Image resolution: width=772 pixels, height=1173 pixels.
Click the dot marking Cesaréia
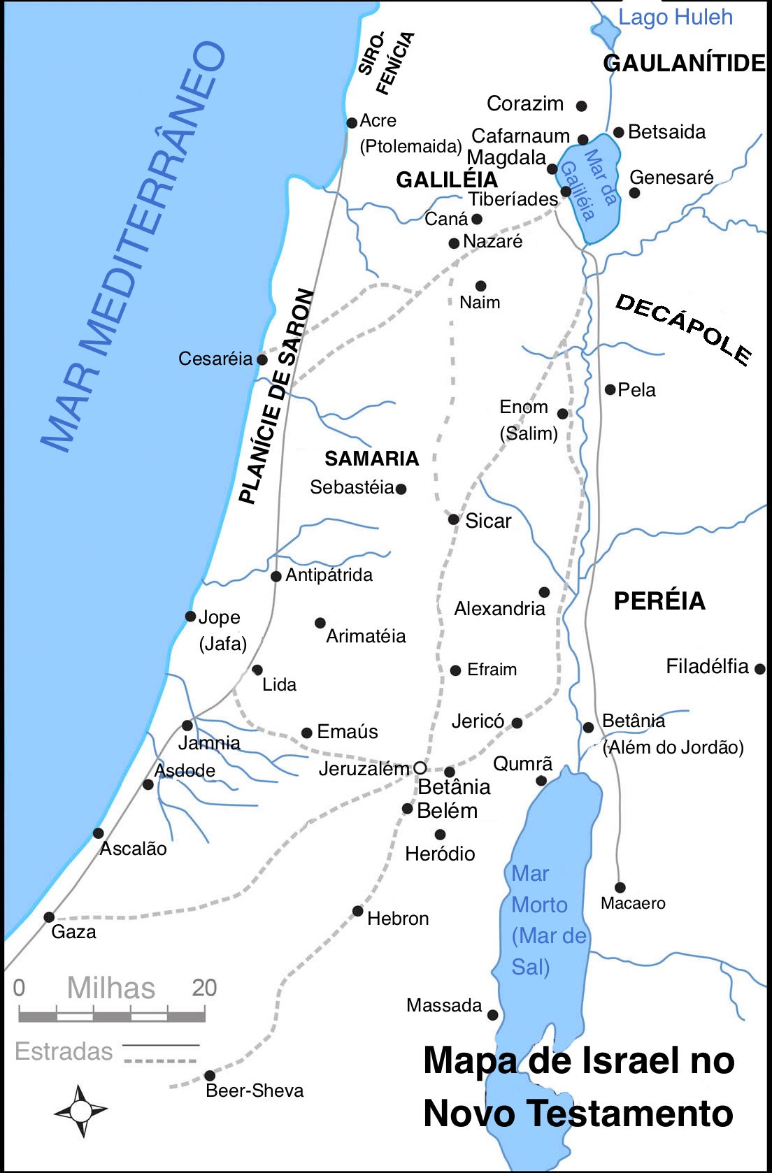[262, 359]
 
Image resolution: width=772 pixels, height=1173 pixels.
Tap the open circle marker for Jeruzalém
[420, 768]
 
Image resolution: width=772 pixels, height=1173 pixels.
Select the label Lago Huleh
[675, 17]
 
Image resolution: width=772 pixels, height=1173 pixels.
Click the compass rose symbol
[80, 1110]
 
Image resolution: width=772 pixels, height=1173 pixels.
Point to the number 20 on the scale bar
[204, 988]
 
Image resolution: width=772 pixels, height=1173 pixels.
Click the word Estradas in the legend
[64, 1051]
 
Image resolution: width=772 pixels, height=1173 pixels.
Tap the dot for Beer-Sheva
[210, 1075]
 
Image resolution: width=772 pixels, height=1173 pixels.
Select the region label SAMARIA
[371, 459]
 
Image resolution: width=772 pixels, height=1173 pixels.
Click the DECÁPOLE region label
[683, 329]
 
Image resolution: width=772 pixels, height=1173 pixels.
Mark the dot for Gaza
[49, 917]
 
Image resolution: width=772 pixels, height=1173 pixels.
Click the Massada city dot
[492, 1015]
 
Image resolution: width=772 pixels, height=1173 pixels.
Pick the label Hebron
[397, 919]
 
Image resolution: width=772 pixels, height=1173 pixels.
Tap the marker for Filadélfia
[760, 669]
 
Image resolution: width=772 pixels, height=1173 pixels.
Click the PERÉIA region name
[659, 601]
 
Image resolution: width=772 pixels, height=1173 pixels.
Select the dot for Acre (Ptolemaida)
[352, 123]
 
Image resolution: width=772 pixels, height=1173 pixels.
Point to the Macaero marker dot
[620, 888]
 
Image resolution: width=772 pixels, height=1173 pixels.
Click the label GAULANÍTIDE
[685, 63]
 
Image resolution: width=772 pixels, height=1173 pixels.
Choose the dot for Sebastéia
[401, 489]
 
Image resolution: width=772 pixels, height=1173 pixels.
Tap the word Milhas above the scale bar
[111, 988]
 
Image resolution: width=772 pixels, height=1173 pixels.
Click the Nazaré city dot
[454, 243]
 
